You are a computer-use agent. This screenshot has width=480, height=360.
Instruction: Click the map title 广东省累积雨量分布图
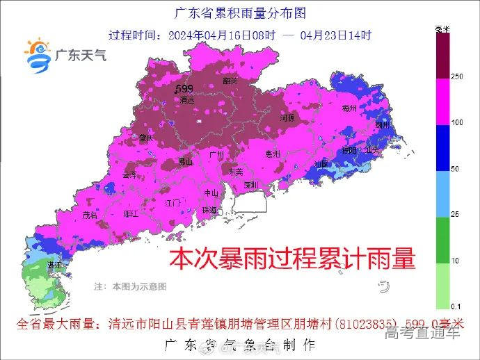point(239,13)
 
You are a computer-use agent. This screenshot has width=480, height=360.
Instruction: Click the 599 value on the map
point(184,88)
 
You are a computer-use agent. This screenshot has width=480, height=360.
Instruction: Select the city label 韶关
point(230,81)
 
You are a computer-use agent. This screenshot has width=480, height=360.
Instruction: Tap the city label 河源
point(287,118)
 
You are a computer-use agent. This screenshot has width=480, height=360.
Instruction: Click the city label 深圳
point(251,185)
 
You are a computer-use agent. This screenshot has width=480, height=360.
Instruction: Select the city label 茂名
point(90,215)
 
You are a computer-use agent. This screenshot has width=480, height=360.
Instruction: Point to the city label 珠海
point(209,210)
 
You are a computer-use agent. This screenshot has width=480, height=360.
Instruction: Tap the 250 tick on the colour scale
point(457,76)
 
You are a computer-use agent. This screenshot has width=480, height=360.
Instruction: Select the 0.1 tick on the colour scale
point(456,306)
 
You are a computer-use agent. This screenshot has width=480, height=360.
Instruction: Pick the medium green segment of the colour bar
point(442,239)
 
